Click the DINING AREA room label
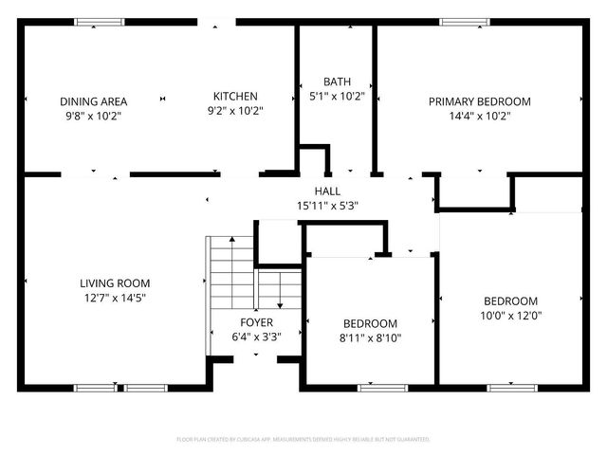(93, 101)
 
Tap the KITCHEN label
(235, 96)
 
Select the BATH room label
(337, 82)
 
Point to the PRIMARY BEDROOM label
(479, 101)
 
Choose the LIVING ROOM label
(114, 282)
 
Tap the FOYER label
(256, 322)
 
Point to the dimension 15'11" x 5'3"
(327, 205)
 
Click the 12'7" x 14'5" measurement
(114, 297)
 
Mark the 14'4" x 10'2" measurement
(479, 116)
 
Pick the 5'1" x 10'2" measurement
(337, 96)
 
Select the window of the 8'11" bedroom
(383, 387)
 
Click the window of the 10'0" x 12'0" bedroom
(512, 387)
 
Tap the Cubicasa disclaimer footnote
(303, 440)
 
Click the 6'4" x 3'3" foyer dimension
(256, 337)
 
